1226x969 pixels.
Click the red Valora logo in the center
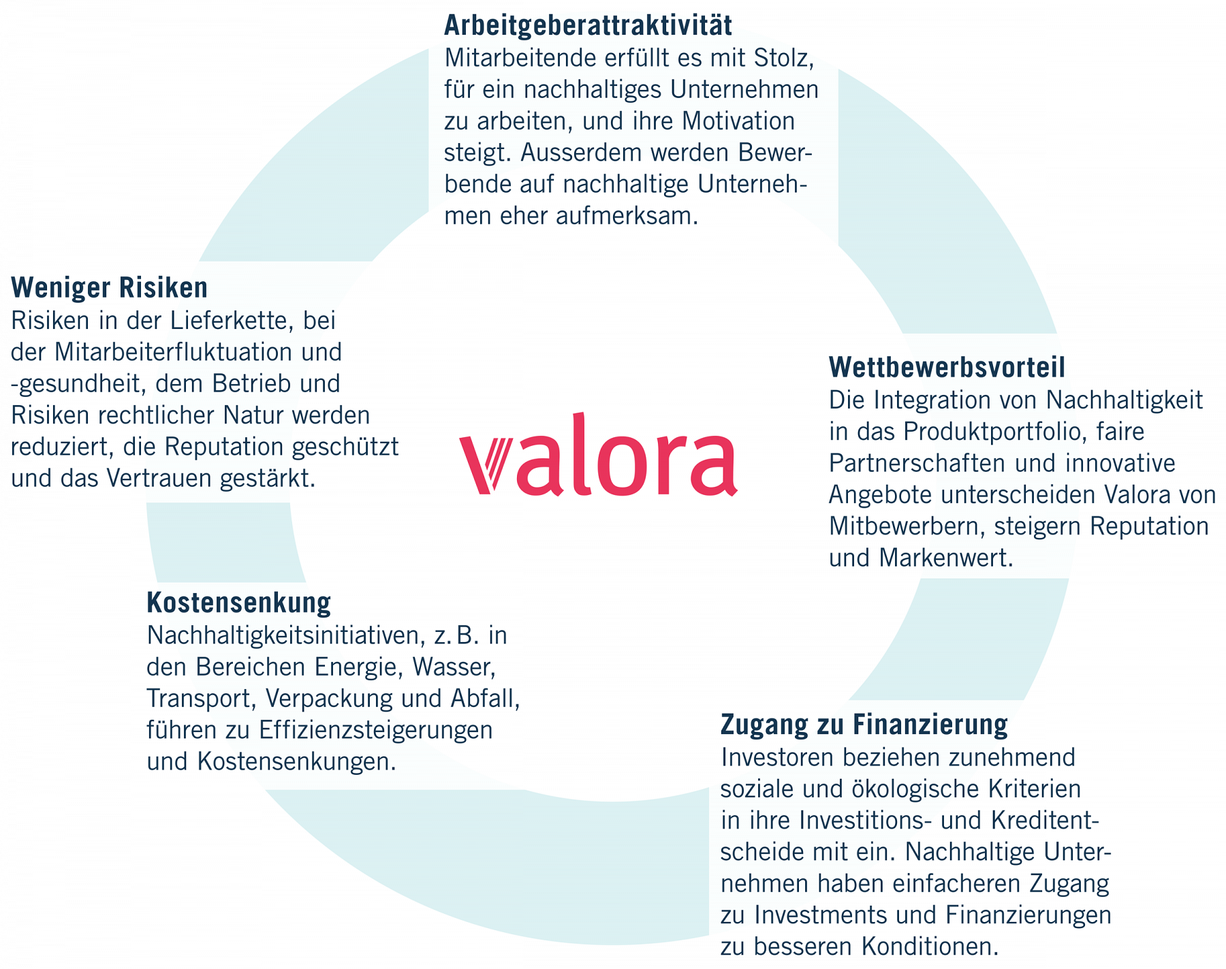click(x=598, y=454)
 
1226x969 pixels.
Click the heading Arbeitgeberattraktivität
click(x=588, y=25)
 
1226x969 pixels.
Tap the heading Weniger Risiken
click(x=110, y=287)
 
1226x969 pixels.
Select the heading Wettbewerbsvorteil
click(x=947, y=367)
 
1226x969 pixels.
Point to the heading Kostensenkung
click(x=238, y=603)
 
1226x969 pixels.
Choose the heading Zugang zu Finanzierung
click(x=864, y=724)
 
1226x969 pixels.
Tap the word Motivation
click(x=738, y=121)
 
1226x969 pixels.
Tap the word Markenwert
click(x=946, y=558)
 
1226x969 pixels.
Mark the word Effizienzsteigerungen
click(x=376, y=730)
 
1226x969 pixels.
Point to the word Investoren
click(x=780, y=757)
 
